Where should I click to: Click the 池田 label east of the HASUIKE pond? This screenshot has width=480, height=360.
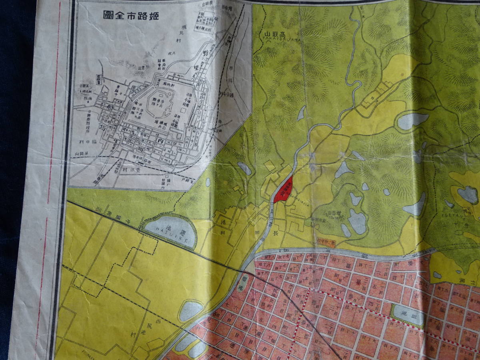point(222,226)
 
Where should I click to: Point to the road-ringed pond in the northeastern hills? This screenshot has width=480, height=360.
point(412,120)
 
